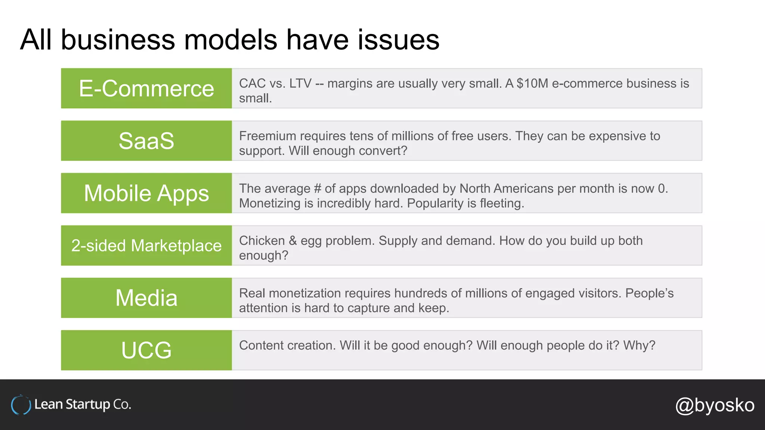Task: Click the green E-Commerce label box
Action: (x=146, y=88)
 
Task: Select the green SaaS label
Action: (x=146, y=141)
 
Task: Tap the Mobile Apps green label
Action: (x=146, y=193)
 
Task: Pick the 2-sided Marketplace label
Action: (x=146, y=246)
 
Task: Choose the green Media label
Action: (x=146, y=298)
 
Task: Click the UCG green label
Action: (x=146, y=350)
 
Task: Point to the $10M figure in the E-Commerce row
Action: (x=532, y=84)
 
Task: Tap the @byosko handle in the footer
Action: (x=715, y=405)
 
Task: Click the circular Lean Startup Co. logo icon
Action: (x=21, y=405)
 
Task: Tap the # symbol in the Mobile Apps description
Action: (x=318, y=188)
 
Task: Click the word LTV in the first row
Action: (x=300, y=84)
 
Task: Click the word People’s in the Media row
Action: (x=649, y=293)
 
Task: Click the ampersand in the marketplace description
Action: (x=293, y=241)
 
